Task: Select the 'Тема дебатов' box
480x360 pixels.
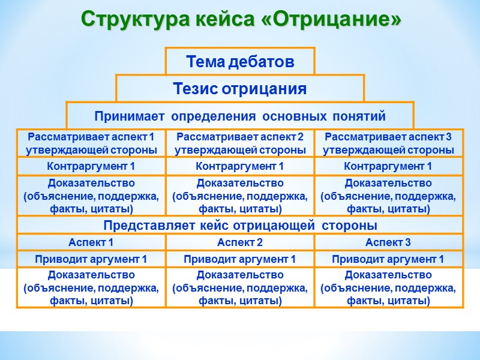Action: pyautogui.click(x=240, y=61)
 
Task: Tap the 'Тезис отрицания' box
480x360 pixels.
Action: pyautogui.click(x=240, y=89)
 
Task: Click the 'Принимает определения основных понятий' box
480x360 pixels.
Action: pyautogui.click(x=240, y=115)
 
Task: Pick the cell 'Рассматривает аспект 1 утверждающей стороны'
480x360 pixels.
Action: pyautogui.click(x=91, y=143)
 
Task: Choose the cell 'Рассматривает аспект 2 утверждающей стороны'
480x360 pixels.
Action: pyautogui.click(x=240, y=143)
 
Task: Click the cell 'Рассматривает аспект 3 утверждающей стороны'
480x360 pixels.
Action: pyautogui.click(x=388, y=143)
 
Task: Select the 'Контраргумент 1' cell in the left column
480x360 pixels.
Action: pyautogui.click(x=91, y=166)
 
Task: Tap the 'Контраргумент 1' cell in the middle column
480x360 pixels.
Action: pyautogui.click(x=240, y=166)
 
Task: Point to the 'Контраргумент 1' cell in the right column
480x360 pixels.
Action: pyautogui.click(x=388, y=166)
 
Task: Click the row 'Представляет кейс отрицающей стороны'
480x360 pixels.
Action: pyautogui.click(x=240, y=226)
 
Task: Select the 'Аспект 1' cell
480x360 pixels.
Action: pyautogui.click(x=91, y=242)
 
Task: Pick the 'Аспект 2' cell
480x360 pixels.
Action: pyautogui.click(x=240, y=242)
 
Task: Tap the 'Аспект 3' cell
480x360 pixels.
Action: pyautogui.click(x=388, y=242)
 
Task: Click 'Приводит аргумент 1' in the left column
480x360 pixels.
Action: pyautogui.click(x=91, y=259)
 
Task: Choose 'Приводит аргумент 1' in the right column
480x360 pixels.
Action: pyautogui.click(x=388, y=259)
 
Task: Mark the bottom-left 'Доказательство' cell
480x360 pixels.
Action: pyautogui.click(x=91, y=287)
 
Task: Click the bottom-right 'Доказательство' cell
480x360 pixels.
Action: pyautogui.click(x=388, y=287)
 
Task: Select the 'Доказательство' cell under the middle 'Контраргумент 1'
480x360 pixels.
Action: pyautogui.click(x=240, y=196)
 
